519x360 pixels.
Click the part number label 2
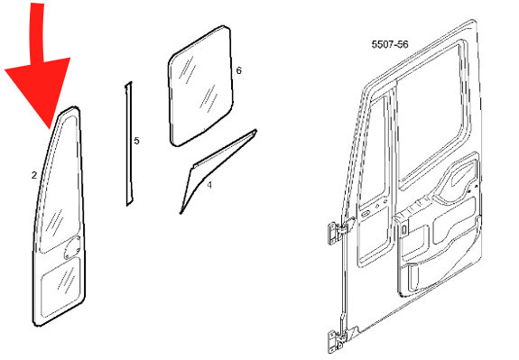pos(34,175)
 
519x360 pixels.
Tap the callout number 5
pos(136,141)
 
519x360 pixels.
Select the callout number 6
pos(238,70)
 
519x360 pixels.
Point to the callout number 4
pos(209,185)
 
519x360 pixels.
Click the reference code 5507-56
pos(390,44)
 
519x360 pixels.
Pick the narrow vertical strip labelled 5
pos(128,143)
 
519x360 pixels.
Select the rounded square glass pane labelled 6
pos(200,86)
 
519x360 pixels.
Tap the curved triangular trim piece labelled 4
pos(212,165)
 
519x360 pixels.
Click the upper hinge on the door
pos(338,231)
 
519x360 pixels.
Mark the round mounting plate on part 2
pos(71,248)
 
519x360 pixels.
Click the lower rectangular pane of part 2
pos(60,285)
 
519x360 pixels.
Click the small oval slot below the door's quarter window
pos(365,214)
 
